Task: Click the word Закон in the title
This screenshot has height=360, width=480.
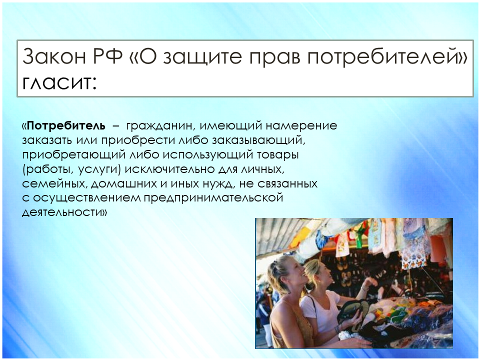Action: [x=54, y=56]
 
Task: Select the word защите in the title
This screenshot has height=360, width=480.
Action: [x=202, y=57]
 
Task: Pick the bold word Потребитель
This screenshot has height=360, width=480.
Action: [x=66, y=125]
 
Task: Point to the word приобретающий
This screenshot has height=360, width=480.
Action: [x=74, y=155]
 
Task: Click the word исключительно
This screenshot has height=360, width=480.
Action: [x=169, y=169]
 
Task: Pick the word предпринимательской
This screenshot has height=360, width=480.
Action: [x=213, y=198]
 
